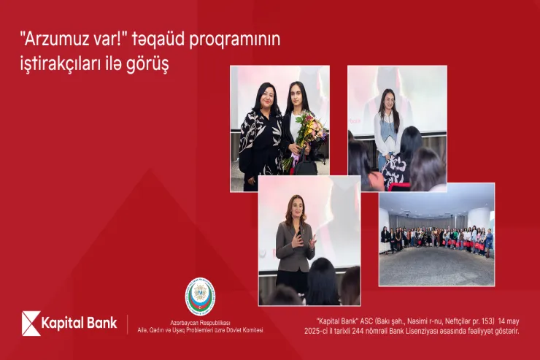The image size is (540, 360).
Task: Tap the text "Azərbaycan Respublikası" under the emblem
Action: [x=201, y=322]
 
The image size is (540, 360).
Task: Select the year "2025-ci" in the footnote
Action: [x=318, y=331]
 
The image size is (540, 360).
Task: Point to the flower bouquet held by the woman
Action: [x=306, y=131]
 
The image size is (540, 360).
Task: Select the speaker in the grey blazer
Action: [x=296, y=241]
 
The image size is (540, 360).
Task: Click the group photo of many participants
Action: [x=436, y=236]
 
